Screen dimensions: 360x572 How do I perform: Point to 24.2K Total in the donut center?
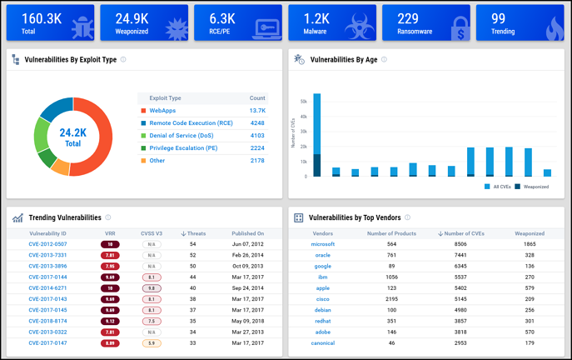[x=73, y=137]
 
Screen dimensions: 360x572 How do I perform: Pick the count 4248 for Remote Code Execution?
[x=257, y=122]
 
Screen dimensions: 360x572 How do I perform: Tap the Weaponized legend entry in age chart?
[x=534, y=187]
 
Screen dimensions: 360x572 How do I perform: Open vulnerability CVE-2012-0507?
[x=47, y=244]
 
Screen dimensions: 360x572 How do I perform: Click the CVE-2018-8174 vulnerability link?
[x=47, y=320]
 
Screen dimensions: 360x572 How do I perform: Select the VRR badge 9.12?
[x=110, y=320]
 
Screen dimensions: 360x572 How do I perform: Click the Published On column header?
[x=248, y=233]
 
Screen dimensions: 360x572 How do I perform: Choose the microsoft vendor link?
[x=323, y=244]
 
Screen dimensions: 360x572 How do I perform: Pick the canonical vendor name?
[x=323, y=342]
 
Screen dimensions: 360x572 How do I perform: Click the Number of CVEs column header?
[x=460, y=233]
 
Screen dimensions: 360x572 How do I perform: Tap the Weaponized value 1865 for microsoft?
[x=530, y=244]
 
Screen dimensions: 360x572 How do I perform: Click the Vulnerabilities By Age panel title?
[x=348, y=60]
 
